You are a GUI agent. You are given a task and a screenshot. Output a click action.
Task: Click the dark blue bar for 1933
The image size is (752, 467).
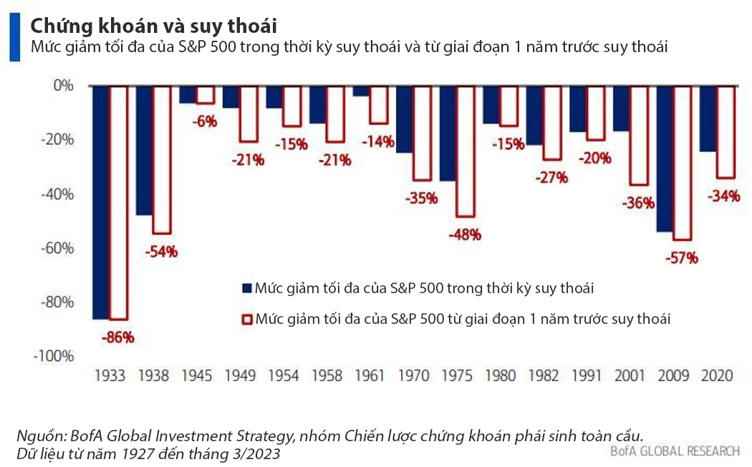(x=101, y=202)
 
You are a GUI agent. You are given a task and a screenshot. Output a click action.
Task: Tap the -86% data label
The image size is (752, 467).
(x=118, y=337)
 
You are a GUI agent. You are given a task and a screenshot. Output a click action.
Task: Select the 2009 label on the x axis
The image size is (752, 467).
(x=673, y=375)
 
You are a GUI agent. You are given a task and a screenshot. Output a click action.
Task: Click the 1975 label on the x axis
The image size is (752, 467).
(x=456, y=375)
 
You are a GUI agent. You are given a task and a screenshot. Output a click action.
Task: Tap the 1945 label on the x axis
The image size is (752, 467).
(x=196, y=375)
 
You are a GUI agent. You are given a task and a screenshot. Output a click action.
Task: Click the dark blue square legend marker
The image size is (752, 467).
(x=247, y=288)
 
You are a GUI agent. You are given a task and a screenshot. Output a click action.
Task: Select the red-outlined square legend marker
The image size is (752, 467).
(x=247, y=319)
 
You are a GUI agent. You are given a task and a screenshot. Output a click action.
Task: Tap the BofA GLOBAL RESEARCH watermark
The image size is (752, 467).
(x=675, y=451)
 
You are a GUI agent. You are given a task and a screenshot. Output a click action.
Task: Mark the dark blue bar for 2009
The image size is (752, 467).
(x=665, y=159)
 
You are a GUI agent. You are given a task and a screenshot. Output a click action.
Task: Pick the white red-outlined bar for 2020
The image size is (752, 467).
(x=726, y=132)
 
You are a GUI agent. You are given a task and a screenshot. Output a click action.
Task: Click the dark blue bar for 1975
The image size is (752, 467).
(x=448, y=133)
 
